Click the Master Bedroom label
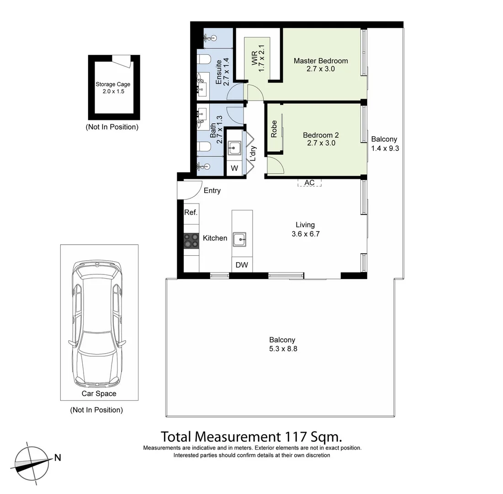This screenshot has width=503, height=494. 320,61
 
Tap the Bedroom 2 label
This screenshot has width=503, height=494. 321,135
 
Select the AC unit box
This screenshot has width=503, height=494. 309,183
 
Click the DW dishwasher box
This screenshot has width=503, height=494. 241,265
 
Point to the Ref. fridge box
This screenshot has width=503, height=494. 191,213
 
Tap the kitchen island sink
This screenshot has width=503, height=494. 239,239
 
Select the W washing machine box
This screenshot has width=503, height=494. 234,168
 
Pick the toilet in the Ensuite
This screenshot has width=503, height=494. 204,59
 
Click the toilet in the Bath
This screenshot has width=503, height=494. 204,147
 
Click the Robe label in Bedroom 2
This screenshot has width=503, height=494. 274,129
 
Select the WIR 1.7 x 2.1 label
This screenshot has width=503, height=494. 258,58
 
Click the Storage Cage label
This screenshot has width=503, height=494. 113,84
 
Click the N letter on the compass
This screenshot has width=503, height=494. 58,457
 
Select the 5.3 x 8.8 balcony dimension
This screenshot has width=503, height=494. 282,349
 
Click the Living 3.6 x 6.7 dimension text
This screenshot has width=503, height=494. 305,234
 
